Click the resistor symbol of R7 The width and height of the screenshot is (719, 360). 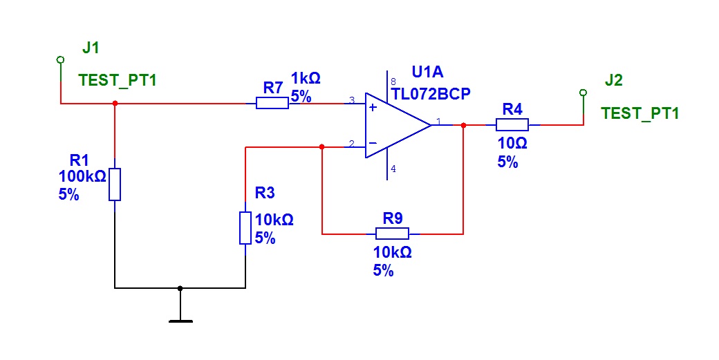(272, 104)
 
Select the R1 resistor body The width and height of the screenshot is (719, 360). (115, 184)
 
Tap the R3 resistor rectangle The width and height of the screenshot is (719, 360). (245, 227)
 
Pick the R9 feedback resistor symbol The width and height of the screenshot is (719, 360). (392, 234)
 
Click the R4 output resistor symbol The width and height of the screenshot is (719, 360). (512, 124)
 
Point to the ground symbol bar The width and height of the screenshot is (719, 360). (180, 321)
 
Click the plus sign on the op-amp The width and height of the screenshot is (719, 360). (373, 108)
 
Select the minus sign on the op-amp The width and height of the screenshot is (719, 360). (373, 143)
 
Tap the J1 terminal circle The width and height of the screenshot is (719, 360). (60, 59)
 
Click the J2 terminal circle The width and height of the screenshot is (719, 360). (583, 93)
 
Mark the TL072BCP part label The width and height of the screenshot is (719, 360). (431, 93)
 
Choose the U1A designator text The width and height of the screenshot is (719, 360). (427, 72)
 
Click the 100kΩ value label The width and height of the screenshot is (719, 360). (82, 176)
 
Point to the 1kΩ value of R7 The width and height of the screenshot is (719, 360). (306, 78)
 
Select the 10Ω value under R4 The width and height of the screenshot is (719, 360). (512, 143)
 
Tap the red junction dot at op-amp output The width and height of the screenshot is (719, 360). (463, 125)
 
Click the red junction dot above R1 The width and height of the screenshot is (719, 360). (115, 104)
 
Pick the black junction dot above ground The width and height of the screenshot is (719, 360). (180, 288)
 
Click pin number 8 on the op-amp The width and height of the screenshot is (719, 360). (393, 82)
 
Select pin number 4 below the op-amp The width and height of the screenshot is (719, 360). (393, 169)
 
